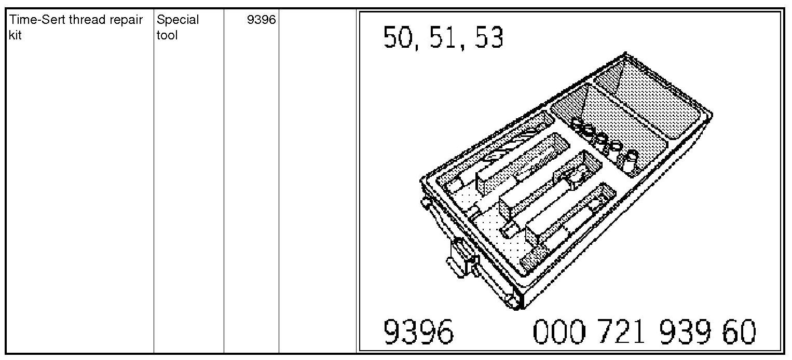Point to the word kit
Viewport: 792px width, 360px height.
coord(15,35)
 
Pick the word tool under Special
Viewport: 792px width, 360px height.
coord(167,35)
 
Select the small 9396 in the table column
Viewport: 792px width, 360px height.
coord(261,20)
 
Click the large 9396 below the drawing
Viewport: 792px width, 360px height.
coord(418,331)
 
